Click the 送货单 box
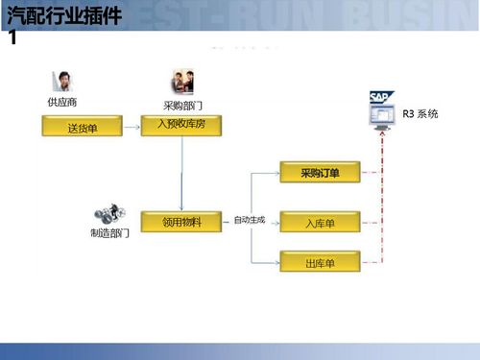click(x=80, y=126)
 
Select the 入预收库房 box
click(x=182, y=124)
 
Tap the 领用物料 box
click(x=182, y=222)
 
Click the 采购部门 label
click(x=181, y=104)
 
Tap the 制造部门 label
click(x=109, y=233)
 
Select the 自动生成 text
click(x=249, y=221)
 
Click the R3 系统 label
click(x=420, y=114)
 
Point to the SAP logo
click(x=379, y=97)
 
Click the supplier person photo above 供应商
click(x=61, y=82)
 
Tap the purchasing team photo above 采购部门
click(x=182, y=82)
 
